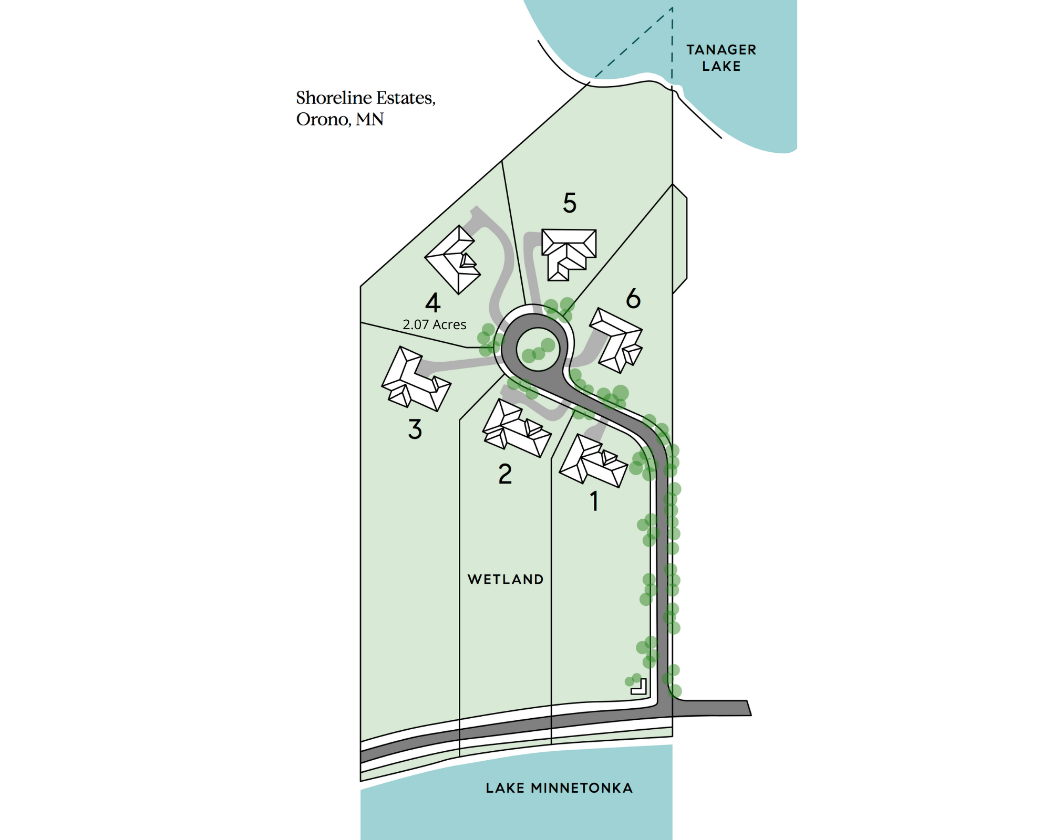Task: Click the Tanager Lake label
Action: [x=721, y=58]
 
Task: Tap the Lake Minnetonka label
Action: [x=559, y=788]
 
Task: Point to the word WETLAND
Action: [x=505, y=579]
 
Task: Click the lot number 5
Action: [x=570, y=203]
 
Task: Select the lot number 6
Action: [x=633, y=299]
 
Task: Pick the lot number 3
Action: [x=415, y=429]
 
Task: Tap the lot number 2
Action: [x=505, y=474]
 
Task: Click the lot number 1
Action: [x=594, y=501]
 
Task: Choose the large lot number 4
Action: [x=432, y=303]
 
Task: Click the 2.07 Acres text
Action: [x=435, y=325]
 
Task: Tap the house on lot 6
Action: [x=617, y=340]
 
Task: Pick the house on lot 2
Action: [x=516, y=428]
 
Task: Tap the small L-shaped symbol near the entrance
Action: [x=640, y=687]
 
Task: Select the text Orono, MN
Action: [x=339, y=119]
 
